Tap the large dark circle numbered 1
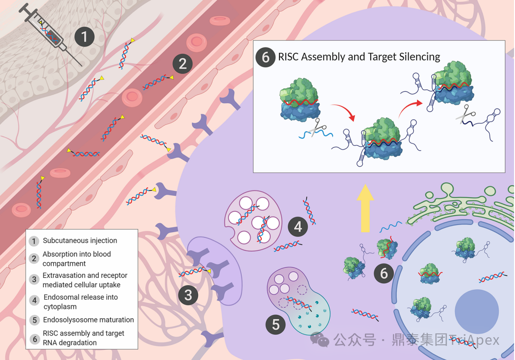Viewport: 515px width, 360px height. [x=85, y=37]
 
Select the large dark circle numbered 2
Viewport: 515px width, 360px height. [x=182, y=63]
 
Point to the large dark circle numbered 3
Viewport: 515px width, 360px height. [x=188, y=295]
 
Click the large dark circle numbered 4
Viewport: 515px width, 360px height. [x=298, y=227]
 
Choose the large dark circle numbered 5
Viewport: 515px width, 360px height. [x=276, y=324]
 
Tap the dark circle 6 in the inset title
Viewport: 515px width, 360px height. [x=265, y=57]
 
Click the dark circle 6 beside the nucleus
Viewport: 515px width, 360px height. [x=384, y=273]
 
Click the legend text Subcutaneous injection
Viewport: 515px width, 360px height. [x=80, y=241]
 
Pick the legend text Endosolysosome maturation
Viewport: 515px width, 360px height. [x=88, y=320]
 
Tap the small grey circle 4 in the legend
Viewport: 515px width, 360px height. [x=34, y=301]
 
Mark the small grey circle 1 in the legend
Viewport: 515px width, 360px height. [x=34, y=241]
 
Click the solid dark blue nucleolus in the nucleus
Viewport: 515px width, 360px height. [x=477, y=312]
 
